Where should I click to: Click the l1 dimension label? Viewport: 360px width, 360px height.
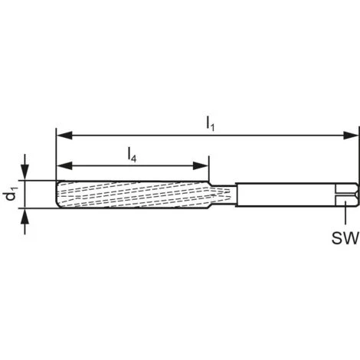pos(210,123)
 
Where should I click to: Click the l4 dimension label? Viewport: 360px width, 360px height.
pos(132,155)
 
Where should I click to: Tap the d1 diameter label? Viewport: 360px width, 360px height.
pos(11,195)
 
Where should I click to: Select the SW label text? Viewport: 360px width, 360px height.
pos(345,237)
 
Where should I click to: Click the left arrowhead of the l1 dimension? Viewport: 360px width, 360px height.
pos(64,136)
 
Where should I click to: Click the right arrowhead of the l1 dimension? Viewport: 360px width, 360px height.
pos(351,136)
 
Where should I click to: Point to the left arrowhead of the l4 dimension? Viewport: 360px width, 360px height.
pos(64,166)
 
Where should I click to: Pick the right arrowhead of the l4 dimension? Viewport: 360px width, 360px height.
pos(201,166)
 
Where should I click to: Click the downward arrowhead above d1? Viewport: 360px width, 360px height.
pos(25,172)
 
